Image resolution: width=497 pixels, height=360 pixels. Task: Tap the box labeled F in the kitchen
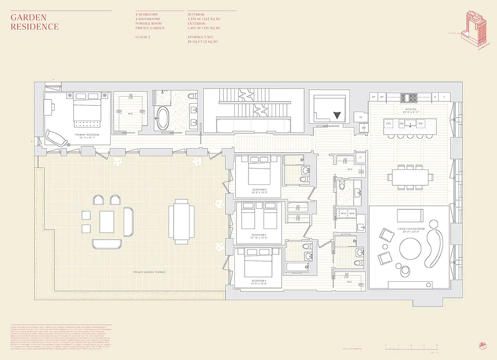pos(444,97)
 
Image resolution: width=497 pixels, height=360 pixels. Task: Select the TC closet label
pos(360,117)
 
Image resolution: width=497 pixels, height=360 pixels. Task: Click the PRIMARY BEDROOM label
pos(87,135)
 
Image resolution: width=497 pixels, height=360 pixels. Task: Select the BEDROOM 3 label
pos(259,235)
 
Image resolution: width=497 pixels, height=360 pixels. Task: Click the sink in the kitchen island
pos(409,123)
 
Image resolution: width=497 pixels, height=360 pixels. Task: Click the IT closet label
pos(360,157)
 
